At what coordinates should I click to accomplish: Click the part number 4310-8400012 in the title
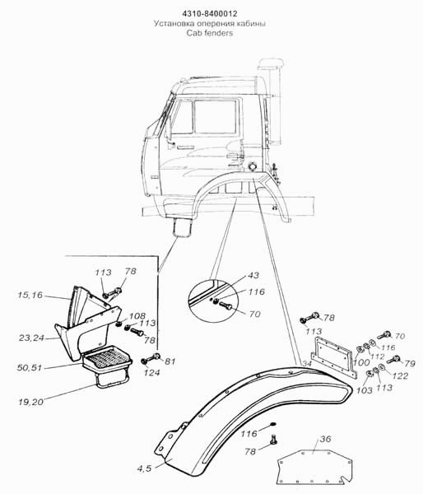tap(210, 14)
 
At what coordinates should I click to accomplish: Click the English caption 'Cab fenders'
tap(210, 33)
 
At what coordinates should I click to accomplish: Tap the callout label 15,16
tap(30, 296)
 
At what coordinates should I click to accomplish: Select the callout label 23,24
tap(31, 338)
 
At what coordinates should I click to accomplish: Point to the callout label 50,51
tap(30, 367)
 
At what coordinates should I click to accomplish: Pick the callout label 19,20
tap(31, 402)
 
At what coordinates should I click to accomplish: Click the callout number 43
tap(253, 275)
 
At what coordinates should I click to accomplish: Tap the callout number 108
tap(137, 316)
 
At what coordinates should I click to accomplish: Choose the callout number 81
tap(170, 361)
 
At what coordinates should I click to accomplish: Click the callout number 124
tap(151, 373)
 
